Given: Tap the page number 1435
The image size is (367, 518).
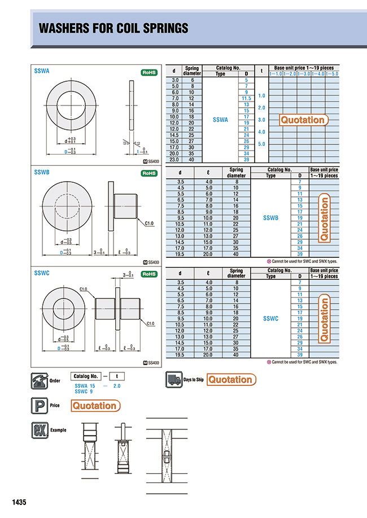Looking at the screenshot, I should coord(19,502).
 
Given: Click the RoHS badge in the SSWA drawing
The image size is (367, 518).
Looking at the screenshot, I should coord(148,72).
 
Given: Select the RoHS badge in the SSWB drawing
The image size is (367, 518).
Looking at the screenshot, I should coord(148,173).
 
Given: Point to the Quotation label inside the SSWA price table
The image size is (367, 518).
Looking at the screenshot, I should coord(303,120).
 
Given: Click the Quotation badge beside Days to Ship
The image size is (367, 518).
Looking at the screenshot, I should coord(231,380).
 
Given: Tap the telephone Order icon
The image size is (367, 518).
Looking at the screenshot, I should coord(38,381).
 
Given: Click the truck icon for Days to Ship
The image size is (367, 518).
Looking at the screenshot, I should coord(173,380).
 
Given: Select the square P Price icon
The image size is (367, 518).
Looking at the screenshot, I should coord(38,405).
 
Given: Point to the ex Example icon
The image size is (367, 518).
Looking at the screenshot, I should coord(38,431).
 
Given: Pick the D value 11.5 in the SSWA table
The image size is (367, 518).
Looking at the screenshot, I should coord(246,98).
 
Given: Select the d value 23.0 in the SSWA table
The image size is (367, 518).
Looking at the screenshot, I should coord(175,159).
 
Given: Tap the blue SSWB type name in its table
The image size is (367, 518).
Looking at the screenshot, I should coord(270,217).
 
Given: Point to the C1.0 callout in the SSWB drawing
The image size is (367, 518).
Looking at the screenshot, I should coord(149,223).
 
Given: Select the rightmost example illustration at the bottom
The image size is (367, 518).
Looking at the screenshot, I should coord(167,455).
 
